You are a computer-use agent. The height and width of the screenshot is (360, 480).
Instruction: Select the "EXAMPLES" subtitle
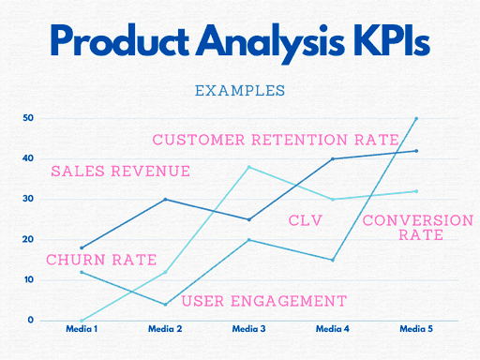coord(239,91)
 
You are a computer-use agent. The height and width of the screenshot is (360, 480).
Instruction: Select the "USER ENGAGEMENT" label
coord(263,301)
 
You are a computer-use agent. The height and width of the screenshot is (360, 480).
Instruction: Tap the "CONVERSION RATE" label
coord(417,228)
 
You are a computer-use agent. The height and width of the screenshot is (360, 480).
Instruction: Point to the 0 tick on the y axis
coord(30,321)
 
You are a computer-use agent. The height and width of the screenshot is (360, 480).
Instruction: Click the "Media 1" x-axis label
coord(82,329)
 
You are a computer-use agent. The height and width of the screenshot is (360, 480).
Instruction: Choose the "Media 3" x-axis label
coord(248,329)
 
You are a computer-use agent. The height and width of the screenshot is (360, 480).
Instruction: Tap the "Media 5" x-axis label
coord(416,329)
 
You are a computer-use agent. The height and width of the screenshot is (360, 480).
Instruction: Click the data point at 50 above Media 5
coord(416,118)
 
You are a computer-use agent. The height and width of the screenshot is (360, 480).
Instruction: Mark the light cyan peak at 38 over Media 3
coord(248,167)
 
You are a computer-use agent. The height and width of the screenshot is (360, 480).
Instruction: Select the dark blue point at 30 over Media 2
coord(165,199)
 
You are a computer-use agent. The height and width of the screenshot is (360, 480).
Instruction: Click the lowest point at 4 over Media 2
coord(165,305)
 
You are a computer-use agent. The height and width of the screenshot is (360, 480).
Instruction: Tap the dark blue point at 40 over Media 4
coord(333,158)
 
